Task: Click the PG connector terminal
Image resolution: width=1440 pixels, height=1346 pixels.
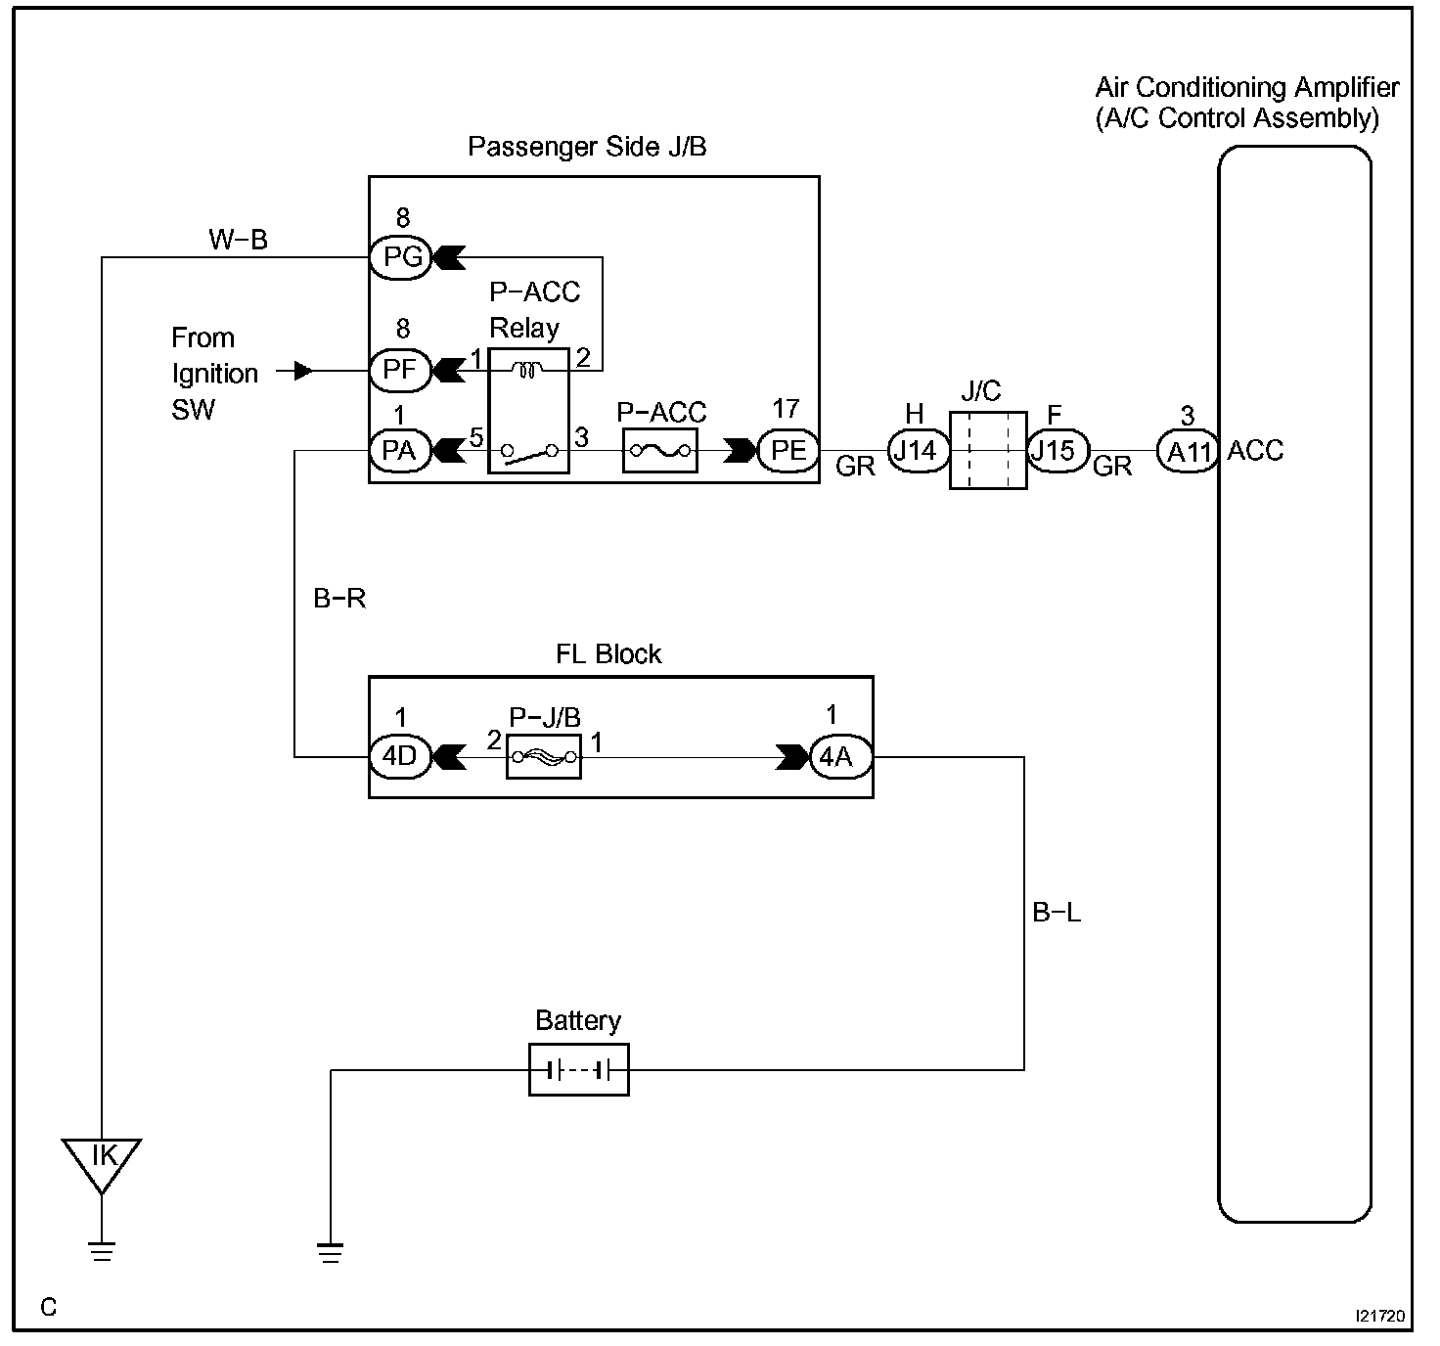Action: click(x=400, y=256)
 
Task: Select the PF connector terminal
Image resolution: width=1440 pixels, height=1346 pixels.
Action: click(x=400, y=371)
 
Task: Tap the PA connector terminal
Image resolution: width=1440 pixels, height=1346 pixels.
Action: click(x=400, y=451)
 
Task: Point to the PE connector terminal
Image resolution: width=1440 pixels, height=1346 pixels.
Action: click(x=788, y=451)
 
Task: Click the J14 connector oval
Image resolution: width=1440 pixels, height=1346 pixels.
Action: click(x=919, y=451)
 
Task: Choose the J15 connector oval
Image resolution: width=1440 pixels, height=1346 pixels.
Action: click(x=1057, y=451)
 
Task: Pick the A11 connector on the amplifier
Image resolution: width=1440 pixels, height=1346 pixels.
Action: click(x=1188, y=451)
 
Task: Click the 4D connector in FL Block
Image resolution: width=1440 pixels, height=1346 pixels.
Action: click(x=400, y=757)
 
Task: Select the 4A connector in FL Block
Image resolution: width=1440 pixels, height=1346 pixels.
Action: click(x=841, y=757)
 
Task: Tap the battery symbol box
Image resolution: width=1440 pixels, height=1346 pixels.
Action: click(x=578, y=1070)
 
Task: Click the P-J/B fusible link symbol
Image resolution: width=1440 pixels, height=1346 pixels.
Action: click(x=544, y=757)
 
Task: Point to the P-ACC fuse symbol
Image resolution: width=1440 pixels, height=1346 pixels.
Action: click(x=659, y=451)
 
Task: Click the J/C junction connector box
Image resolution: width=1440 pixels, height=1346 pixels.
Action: click(x=988, y=450)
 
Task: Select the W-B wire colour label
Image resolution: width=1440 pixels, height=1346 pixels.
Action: click(x=238, y=240)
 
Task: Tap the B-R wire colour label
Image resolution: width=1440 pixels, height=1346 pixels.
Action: click(x=339, y=599)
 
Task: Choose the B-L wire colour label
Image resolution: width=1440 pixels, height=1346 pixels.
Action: click(x=1057, y=913)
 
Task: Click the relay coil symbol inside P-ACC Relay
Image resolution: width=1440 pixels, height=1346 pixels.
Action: click(x=527, y=371)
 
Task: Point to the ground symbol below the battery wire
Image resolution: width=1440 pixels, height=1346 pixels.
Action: click(x=330, y=1253)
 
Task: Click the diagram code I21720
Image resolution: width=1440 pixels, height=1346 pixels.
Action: click(x=1380, y=1316)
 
